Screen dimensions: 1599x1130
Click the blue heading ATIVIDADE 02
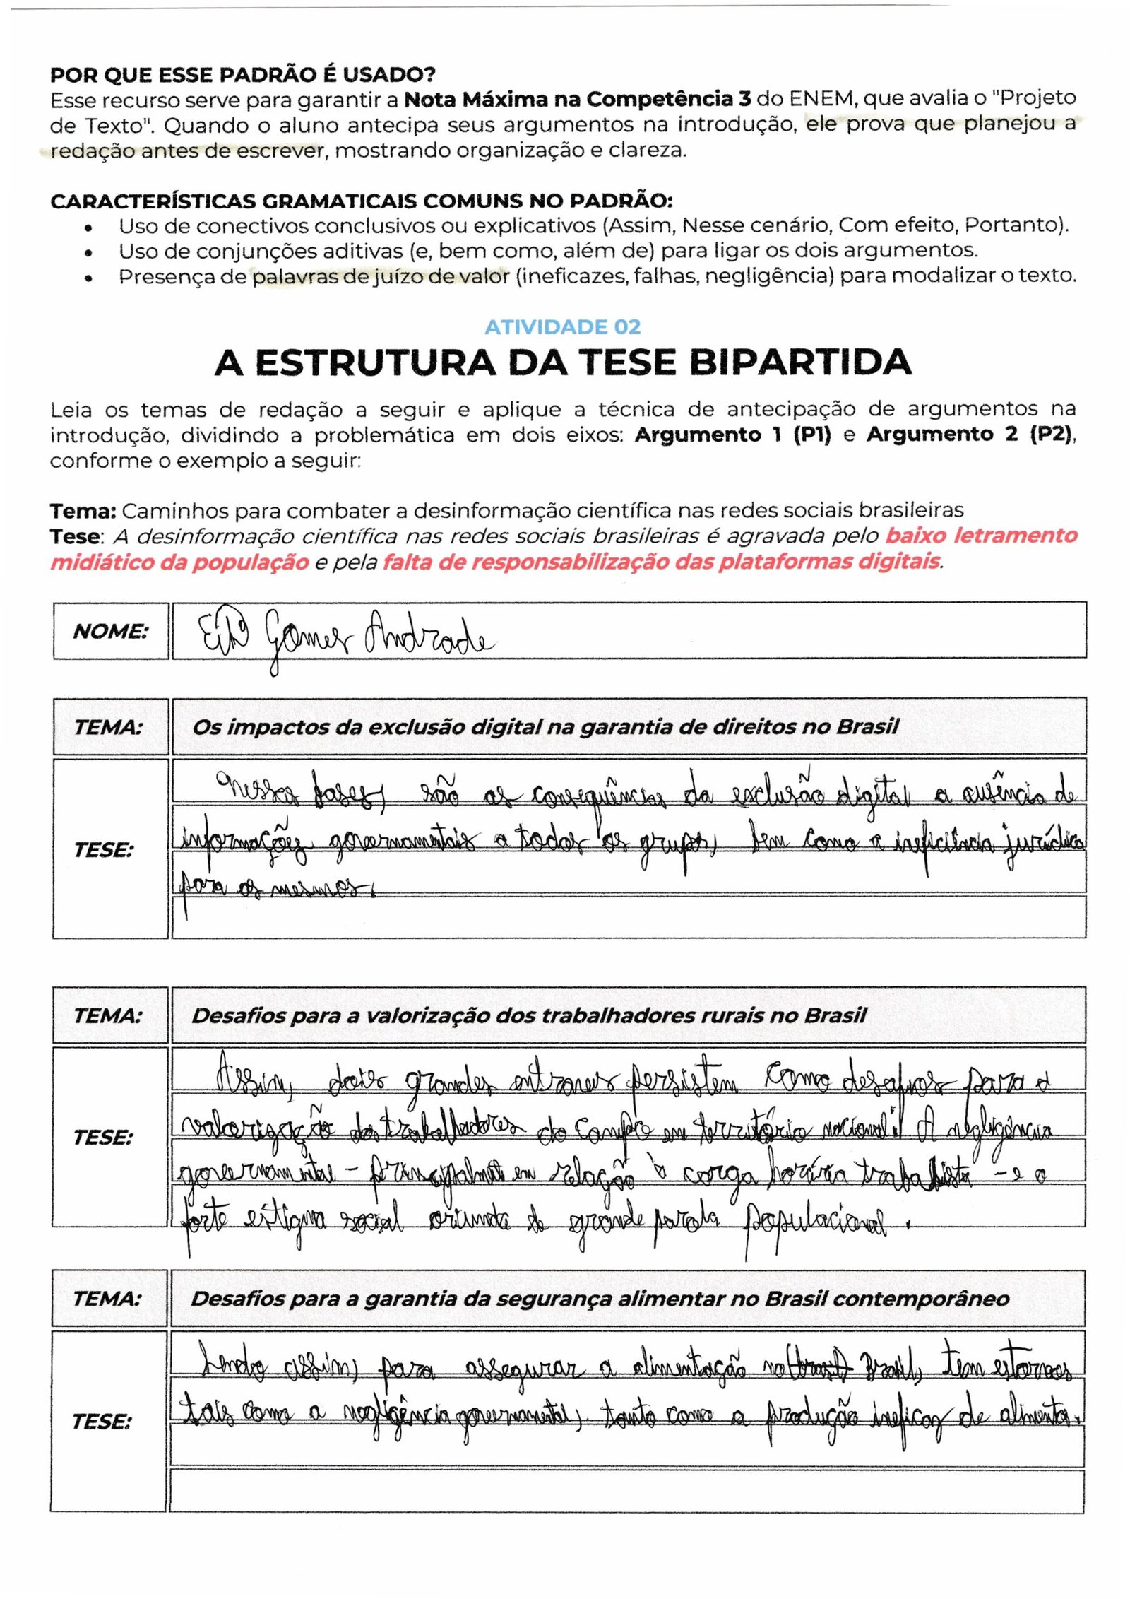pyautogui.click(x=562, y=326)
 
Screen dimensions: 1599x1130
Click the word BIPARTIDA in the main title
pyautogui.click(x=799, y=362)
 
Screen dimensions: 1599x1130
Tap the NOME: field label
pyautogui.click(x=111, y=631)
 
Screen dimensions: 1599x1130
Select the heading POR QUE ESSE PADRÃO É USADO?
pyautogui.click(x=242, y=74)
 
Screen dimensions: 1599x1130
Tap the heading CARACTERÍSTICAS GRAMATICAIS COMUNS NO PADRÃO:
pyautogui.click(x=361, y=201)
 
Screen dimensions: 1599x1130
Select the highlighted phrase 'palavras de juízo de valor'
pyautogui.click(x=381, y=276)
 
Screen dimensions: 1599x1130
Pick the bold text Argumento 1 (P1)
pyautogui.click(x=732, y=435)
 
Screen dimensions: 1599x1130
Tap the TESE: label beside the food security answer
pyautogui.click(x=101, y=1421)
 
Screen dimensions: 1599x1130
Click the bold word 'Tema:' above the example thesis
pyautogui.click(x=83, y=510)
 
